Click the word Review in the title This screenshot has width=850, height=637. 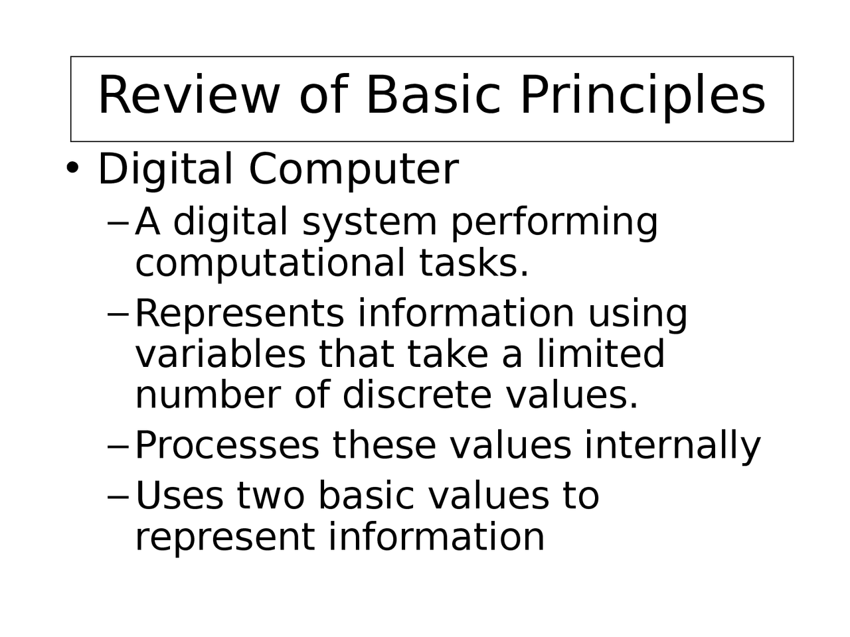[x=189, y=95]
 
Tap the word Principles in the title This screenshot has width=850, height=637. [x=642, y=95]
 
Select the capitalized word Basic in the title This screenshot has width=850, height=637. [x=432, y=95]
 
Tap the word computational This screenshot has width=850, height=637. [x=270, y=263]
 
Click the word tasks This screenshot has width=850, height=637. [x=473, y=263]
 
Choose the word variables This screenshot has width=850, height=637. [x=220, y=354]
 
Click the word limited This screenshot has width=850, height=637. [x=600, y=354]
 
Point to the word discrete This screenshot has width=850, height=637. [x=417, y=395]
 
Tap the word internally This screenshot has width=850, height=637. [x=672, y=445]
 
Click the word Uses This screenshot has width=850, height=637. [x=179, y=496]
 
